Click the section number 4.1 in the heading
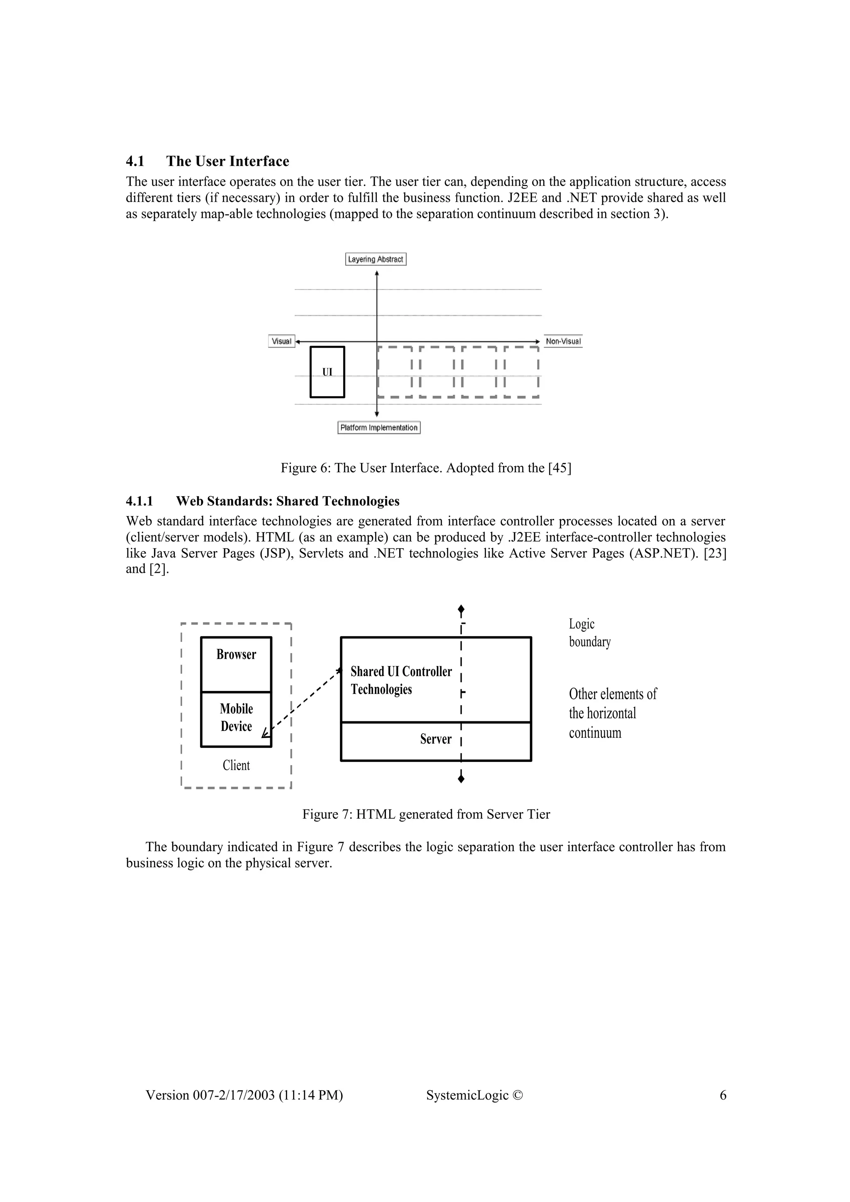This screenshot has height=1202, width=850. [x=135, y=161]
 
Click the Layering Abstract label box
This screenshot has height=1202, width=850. [x=376, y=259]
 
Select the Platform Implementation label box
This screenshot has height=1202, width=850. [x=379, y=428]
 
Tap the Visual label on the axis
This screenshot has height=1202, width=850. [x=281, y=341]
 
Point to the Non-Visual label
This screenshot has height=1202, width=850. [x=563, y=341]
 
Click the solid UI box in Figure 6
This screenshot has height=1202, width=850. [x=327, y=372]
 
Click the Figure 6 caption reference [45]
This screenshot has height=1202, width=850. [x=559, y=467]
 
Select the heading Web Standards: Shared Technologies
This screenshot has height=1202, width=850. [x=288, y=501]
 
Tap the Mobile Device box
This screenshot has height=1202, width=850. [x=236, y=718]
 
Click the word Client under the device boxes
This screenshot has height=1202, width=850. [x=236, y=765]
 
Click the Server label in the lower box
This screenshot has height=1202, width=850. [x=435, y=739]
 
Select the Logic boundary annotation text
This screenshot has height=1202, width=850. [x=590, y=633]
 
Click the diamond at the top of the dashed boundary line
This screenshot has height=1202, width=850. [x=461, y=609]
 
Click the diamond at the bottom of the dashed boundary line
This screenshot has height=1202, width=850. [x=461, y=779]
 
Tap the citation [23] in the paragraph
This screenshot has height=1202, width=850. [x=716, y=553]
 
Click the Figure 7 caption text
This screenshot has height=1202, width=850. [x=426, y=815]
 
